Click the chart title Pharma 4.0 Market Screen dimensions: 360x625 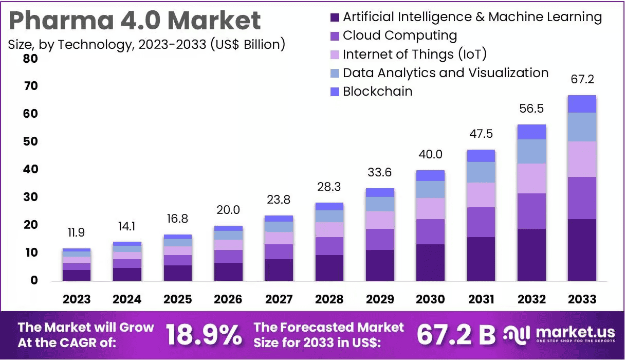click(135, 21)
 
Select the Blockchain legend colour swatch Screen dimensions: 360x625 click(335, 92)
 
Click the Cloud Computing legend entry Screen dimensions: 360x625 click(399, 35)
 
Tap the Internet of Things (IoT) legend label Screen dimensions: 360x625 click(414, 54)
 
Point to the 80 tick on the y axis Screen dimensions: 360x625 click(30, 58)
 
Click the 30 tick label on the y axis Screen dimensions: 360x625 click(30, 197)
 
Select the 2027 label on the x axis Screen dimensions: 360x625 click(279, 299)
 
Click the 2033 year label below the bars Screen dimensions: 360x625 click(582, 299)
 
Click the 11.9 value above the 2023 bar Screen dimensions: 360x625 click(76, 232)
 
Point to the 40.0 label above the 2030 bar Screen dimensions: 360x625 click(430, 154)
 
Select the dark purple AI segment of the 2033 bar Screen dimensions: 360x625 click(582, 249)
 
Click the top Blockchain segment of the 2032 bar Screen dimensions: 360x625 click(531, 132)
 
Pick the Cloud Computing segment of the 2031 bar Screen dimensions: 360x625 click(481, 222)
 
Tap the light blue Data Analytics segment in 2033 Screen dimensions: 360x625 click(582, 127)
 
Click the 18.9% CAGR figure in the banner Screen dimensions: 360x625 click(204, 335)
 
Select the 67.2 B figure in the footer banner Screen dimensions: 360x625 click(456, 335)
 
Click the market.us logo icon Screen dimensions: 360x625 click(517, 335)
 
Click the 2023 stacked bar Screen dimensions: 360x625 click(77, 265)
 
